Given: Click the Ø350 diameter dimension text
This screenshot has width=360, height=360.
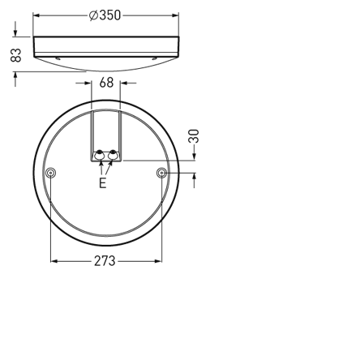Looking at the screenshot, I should [105, 15].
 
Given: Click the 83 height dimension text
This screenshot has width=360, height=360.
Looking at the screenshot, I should [15, 55].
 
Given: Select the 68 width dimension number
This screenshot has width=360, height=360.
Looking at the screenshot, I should [106, 83].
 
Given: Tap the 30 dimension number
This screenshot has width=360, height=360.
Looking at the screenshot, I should [194, 136].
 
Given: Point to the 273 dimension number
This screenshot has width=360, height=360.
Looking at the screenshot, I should [105, 261].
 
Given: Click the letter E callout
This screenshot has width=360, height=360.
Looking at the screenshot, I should [102, 183].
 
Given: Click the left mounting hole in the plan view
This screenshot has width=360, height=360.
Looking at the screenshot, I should [51, 173].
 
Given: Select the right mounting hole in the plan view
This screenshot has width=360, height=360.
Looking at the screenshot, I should [161, 173].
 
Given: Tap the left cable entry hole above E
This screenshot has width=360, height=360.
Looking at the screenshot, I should [99, 154].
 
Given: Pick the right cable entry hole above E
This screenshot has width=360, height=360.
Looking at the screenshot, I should [113, 154].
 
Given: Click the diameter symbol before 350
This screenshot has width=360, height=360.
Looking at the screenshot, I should [93, 15].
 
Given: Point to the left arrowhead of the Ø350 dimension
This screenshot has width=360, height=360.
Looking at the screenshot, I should [36, 15].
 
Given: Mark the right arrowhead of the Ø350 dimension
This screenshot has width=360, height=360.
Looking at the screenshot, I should [175, 15].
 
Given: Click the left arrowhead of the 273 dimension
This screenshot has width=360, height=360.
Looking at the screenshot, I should [55, 261].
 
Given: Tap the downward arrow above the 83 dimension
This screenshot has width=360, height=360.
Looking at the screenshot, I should [15, 32].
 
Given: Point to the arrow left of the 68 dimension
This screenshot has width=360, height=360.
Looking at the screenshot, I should [88, 83].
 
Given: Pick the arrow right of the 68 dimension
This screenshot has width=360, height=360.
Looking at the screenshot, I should [124, 83].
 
